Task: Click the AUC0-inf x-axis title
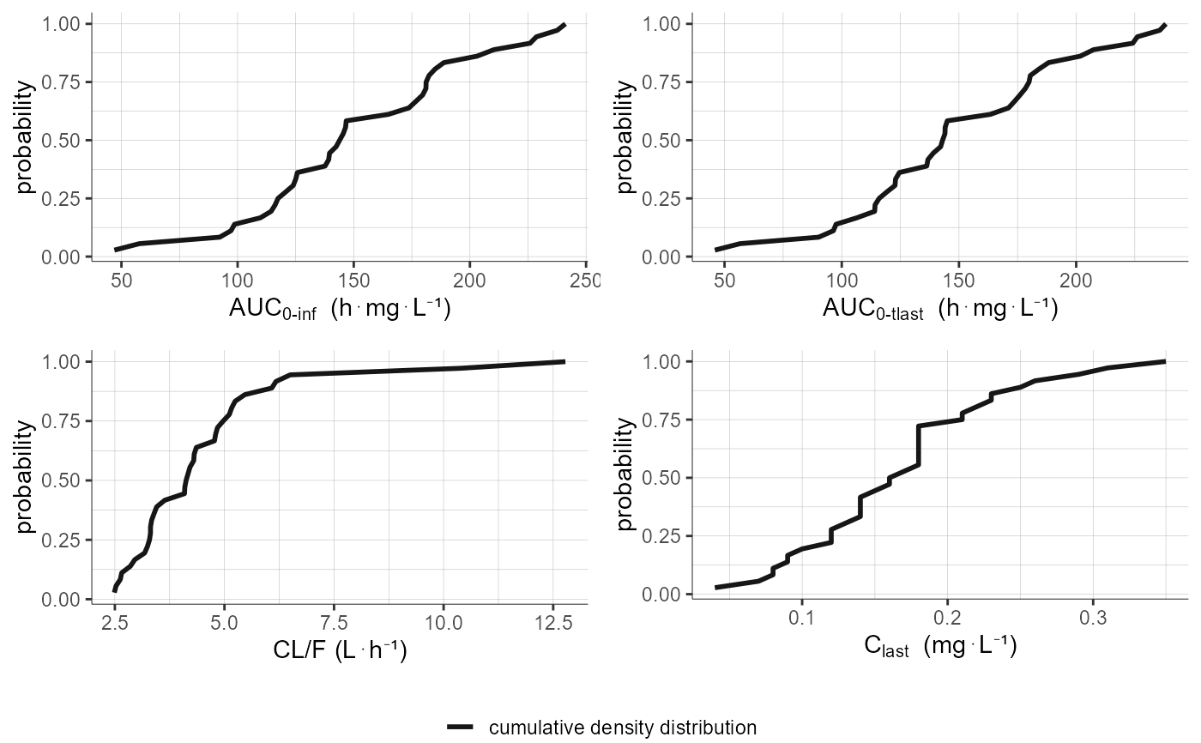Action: pyautogui.click(x=340, y=309)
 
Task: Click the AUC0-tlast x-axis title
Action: pyautogui.click(x=940, y=309)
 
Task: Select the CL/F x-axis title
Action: pyautogui.click(x=340, y=649)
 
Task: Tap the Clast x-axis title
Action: pyautogui.click(x=940, y=646)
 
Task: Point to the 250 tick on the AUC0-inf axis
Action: pyautogui.click(x=585, y=281)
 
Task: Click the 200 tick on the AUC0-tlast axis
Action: pyautogui.click(x=1075, y=281)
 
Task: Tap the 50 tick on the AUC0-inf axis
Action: pyautogui.click(x=121, y=281)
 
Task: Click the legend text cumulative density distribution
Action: pyautogui.click(x=622, y=728)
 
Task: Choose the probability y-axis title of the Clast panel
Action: pyautogui.click(x=626, y=478)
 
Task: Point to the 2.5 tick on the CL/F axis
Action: pyautogui.click(x=114, y=619)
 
